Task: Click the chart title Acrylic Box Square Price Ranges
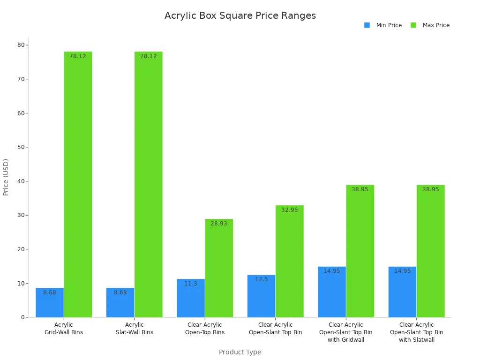coord(240,15)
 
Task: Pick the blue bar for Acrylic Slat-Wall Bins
coord(120,302)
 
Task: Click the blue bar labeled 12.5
coord(261,296)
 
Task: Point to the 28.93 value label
coord(218,224)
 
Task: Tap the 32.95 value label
coord(289,210)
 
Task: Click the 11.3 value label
coord(190,284)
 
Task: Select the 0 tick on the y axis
coord(22,317)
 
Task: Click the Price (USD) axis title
coord(6,177)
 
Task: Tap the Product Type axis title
coord(240,352)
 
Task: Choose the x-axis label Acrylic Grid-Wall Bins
coord(64,329)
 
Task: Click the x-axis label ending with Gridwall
coord(346,332)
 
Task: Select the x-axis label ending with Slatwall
coord(416,332)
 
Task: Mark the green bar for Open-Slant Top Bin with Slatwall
coord(430,251)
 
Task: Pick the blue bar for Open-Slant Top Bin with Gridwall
coord(332,292)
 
